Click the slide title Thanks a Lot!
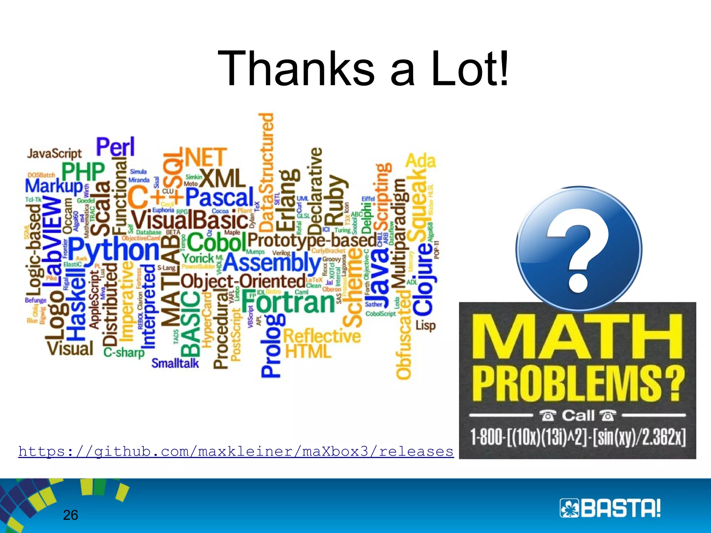[x=363, y=68]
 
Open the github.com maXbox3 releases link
[x=236, y=451]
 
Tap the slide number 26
[x=70, y=515]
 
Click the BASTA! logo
[x=610, y=508]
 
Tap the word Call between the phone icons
[x=578, y=415]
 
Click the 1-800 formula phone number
[x=578, y=437]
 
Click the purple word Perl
[x=115, y=147]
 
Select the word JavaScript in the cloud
[x=55, y=153]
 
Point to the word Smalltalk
[x=175, y=363]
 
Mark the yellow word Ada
[x=420, y=161]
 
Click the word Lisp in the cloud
[x=425, y=325]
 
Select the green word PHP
[x=83, y=171]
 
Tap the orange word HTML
[x=308, y=351]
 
